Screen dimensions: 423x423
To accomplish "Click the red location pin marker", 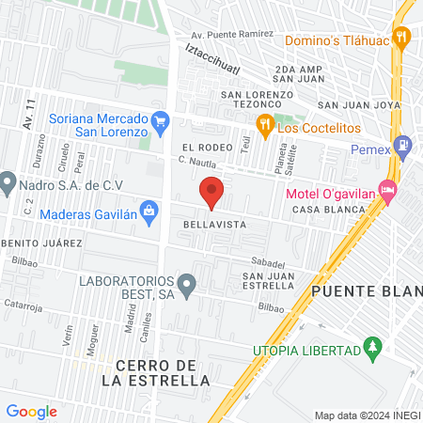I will coord(211,193).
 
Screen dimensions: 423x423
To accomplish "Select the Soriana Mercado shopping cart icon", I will coord(160,120).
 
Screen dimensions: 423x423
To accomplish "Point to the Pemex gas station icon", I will coord(403,145).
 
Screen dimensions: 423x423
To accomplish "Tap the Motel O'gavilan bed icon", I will coord(388,187).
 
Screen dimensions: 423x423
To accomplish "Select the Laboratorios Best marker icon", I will coord(187,282).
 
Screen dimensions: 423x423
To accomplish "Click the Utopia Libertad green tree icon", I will coord(373,350).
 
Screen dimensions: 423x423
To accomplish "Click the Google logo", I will coord(32,411).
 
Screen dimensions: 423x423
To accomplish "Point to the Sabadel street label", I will coord(267,261).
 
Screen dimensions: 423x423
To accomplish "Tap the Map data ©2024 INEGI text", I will coord(366,415).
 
